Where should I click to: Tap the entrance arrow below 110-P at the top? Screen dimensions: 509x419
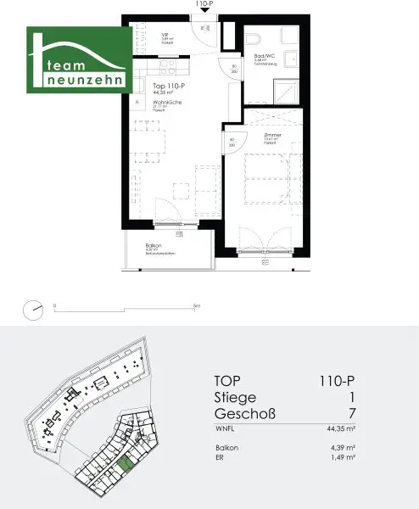click(x=203, y=14)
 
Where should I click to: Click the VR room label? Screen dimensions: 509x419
click(x=166, y=36)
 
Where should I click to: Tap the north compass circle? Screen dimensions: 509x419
click(x=34, y=310)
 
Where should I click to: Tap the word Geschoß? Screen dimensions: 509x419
click(x=245, y=414)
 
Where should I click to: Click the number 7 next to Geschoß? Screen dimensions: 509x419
click(x=376, y=414)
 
